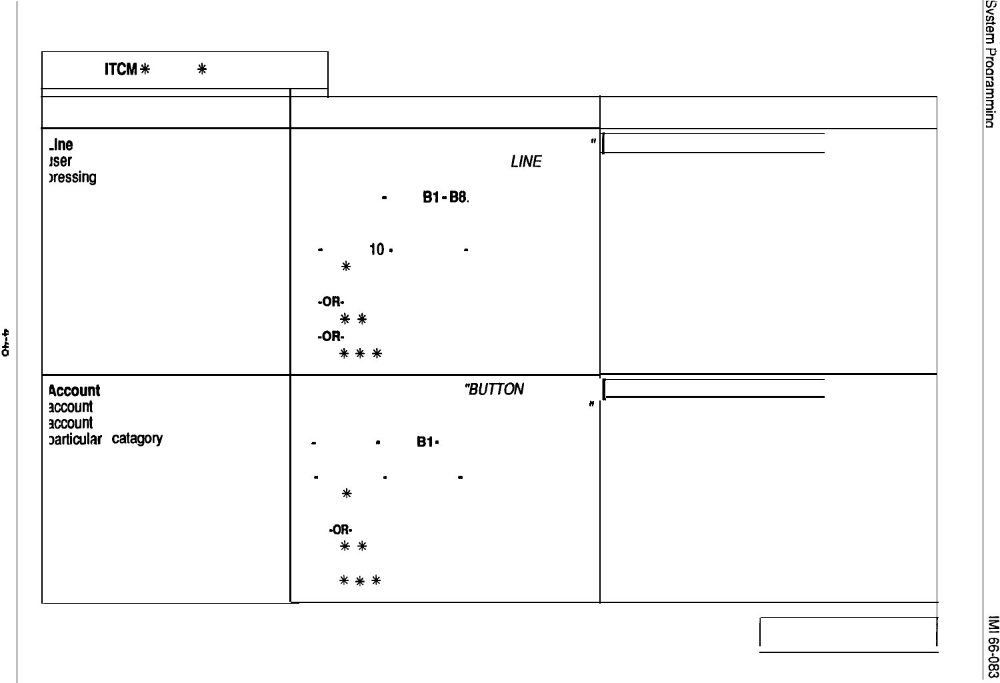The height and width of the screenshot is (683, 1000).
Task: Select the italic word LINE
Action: (x=527, y=162)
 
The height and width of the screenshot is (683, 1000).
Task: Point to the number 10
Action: (x=377, y=250)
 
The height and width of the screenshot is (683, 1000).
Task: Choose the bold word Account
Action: (x=75, y=390)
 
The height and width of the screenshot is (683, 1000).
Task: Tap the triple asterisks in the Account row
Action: (x=360, y=580)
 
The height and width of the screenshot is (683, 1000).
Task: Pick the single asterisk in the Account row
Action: (x=345, y=494)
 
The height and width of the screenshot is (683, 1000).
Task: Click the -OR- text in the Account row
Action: (x=341, y=530)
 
